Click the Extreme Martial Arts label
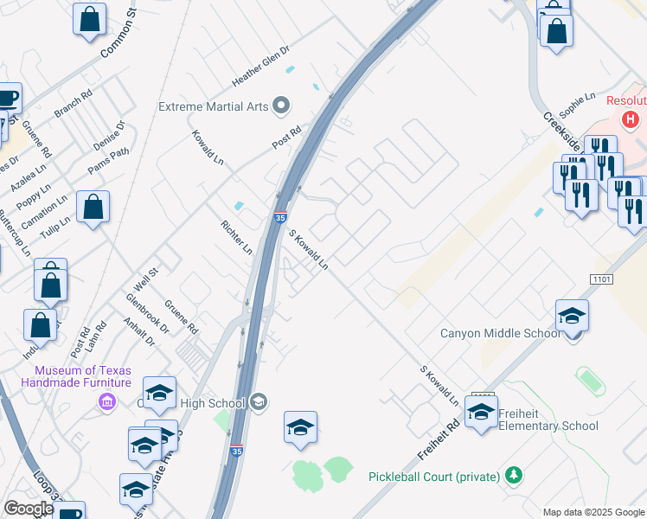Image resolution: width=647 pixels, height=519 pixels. pyautogui.click(x=213, y=106)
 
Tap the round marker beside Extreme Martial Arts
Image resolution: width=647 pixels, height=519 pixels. pyautogui.click(x=280, y=106)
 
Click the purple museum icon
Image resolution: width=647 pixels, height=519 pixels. pyautogui.click(x=107, y=402)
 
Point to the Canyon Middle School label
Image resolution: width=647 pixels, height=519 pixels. pyautogui.click(x=500, y=333)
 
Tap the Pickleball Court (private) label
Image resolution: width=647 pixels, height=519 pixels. pyautogui.click(x=434, y=477)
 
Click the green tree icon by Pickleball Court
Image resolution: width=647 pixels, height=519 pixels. pyautogui.click(x=514, y=476)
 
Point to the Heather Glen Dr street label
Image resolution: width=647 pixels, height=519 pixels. pyautogui.click(x=260, y=66)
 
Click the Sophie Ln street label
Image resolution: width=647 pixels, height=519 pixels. pyautogui.click(x=579, y=107)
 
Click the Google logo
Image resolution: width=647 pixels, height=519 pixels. pyautogui.click(x=29, y=509)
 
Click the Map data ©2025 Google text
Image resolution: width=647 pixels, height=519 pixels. pyautogui.click(x=593, y=512)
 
